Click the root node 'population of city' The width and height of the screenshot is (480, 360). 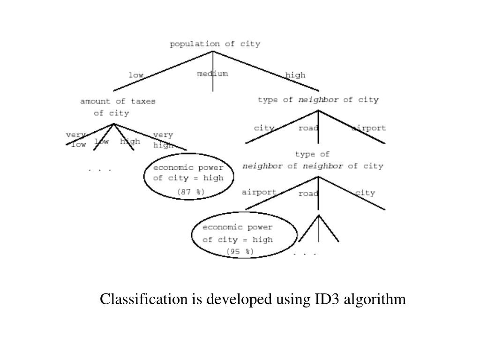215,44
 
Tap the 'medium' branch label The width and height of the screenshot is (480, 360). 212,74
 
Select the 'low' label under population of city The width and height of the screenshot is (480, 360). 136,75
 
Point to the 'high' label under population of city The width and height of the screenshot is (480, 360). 295,75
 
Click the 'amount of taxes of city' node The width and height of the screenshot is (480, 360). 117,107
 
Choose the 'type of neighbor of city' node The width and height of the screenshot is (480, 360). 318,100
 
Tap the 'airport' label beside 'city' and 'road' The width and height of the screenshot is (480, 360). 369,128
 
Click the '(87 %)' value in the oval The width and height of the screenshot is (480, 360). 190,191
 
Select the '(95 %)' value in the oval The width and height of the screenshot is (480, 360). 240,252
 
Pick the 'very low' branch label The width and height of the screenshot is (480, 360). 77,140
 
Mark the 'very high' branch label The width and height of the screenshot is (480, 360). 163,140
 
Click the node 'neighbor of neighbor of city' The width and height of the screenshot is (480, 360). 312,166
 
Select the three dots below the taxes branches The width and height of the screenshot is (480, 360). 100,169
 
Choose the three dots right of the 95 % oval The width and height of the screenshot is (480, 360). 305,254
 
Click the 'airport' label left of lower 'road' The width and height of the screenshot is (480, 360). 259,192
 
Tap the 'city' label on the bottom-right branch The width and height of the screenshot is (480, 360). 365,193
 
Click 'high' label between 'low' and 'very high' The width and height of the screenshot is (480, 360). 130,142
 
